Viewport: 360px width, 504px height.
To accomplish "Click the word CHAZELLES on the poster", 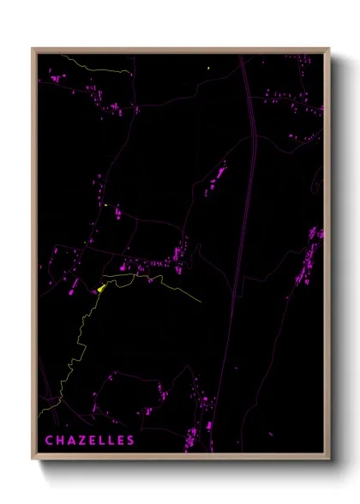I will click(90, 441).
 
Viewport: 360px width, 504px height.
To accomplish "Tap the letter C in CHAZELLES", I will click(50, 441).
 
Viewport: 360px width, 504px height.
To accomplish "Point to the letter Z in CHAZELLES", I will click(81, 441).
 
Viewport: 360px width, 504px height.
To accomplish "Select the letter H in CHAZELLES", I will click(60, 441).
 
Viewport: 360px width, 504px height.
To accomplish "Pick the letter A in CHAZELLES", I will click(70, 441).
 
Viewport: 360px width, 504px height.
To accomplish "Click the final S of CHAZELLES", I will click(130, 441).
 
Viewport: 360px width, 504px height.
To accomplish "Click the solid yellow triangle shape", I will click(102, 287).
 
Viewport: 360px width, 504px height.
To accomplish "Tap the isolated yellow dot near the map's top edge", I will click(209, 66).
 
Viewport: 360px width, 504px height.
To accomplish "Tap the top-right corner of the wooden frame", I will click(328, 50).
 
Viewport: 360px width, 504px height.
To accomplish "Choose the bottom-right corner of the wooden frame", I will click(328, 458).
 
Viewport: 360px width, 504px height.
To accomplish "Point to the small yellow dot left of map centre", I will click(105, 205).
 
